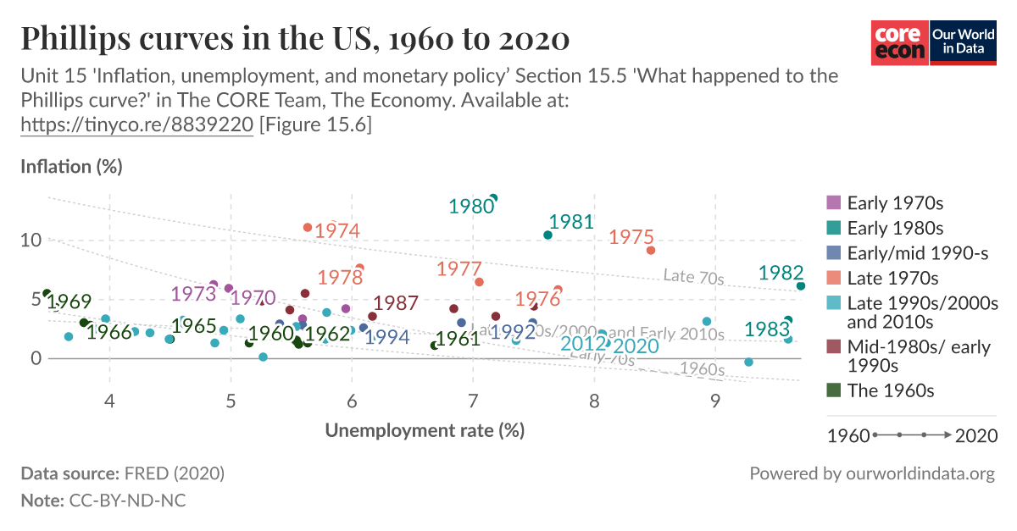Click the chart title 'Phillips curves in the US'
coord(294,39)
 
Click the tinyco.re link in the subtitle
coord(136,124)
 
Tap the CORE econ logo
coord(900,42)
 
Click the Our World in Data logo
coord(963,42)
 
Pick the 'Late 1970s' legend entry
coord(892,278)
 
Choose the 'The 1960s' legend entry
coord(890,390)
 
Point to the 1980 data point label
coord(471,207)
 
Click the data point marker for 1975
coord(651,250)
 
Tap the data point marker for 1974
coord(308,228)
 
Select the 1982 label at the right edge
coord(781,273)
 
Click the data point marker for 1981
coord(547,235)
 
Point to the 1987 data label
coord(396,303)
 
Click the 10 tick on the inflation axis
coord(31,240)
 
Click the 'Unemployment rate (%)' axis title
coord(425,430)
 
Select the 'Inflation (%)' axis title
coord(71,166)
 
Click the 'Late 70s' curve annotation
coord(693,276)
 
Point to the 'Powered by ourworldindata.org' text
coord(872,473)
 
